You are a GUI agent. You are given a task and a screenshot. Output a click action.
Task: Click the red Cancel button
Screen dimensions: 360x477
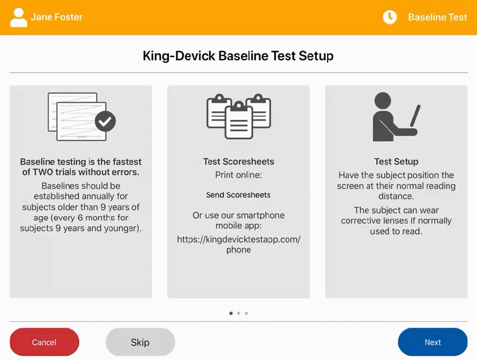tap(44, 342)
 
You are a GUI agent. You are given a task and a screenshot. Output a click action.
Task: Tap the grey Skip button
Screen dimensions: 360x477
tap(140, 342)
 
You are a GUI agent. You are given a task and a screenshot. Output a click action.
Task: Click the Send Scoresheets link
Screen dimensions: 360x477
tap(238, 195)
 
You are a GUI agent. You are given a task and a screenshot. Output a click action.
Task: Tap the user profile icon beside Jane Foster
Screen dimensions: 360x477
tap(19, 17)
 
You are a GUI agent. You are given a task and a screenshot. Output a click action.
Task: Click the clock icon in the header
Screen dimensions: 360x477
tap(389, 17)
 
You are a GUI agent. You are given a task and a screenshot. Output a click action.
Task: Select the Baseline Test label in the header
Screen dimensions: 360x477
tap(437, 17)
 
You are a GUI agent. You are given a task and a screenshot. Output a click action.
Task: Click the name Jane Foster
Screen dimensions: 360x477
tap(57, 17)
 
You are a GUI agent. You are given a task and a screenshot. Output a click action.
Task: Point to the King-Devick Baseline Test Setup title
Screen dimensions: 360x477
tap(238, 56)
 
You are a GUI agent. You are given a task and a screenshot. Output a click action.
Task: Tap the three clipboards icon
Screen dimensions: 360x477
tap(238, 116)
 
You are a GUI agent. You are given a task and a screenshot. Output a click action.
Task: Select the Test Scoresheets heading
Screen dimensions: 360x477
tap(238, 162)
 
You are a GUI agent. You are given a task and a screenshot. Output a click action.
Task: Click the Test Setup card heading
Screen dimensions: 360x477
tap(396, 162)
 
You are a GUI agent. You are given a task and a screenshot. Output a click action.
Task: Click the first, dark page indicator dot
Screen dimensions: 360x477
tap(231, 314)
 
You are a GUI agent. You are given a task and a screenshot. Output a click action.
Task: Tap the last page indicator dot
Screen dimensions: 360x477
tap(246, 314)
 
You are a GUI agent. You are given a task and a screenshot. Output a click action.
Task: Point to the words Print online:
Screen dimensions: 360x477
tap(238, 175)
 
